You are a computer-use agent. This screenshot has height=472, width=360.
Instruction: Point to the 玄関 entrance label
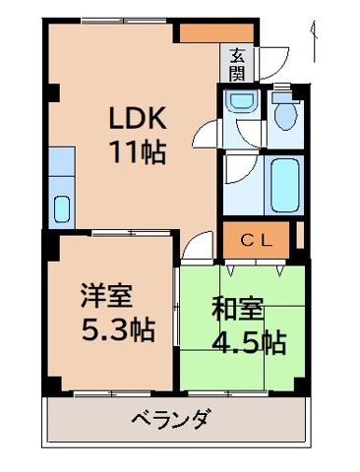[x=239, y=64]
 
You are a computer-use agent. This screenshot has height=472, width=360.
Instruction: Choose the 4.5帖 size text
[x=249, y=343]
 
